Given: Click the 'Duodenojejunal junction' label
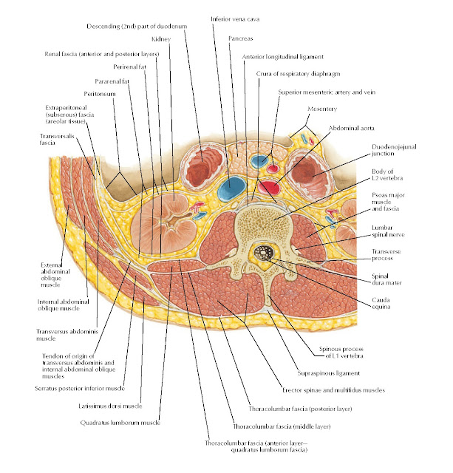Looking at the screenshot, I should click(392, 151).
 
